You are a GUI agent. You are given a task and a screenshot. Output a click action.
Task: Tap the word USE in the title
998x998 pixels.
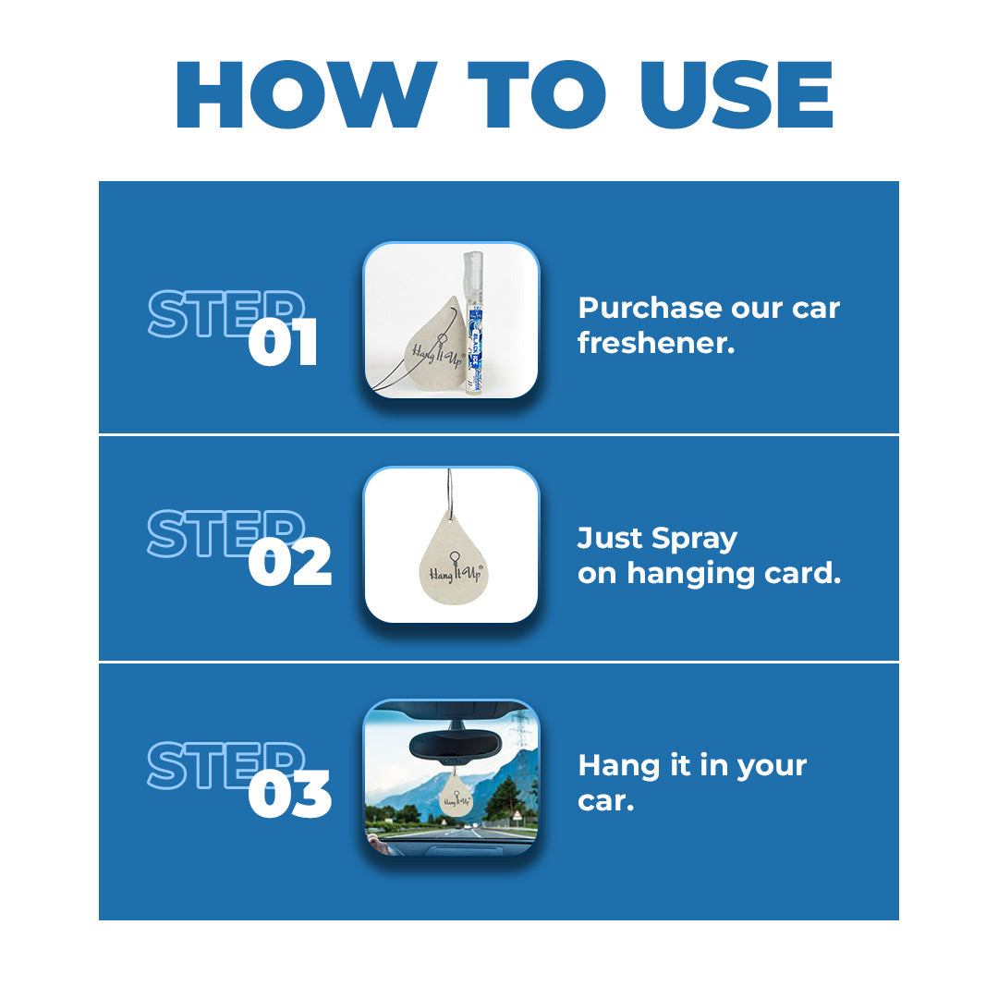point(736,95)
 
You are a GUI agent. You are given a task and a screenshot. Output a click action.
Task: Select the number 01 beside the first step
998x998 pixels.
point(283,343)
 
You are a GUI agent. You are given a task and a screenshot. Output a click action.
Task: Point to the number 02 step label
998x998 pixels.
point(289,563)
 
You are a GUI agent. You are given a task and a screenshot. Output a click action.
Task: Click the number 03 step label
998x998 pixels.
point(289,795)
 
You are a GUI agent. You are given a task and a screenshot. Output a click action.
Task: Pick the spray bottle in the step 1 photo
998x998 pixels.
point(473,323)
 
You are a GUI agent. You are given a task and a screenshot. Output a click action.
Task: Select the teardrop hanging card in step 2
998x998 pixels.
point(453,559)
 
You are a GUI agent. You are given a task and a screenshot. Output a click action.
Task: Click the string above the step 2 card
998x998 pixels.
point(450,493)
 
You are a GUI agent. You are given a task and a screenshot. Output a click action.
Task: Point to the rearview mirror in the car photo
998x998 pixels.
point(454,745)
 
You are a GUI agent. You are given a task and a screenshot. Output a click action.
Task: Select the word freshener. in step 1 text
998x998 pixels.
point(656,343)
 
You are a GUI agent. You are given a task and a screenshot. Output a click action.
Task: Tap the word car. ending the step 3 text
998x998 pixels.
point(606,801)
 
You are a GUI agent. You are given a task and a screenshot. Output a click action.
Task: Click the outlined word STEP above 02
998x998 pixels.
point(226,533)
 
